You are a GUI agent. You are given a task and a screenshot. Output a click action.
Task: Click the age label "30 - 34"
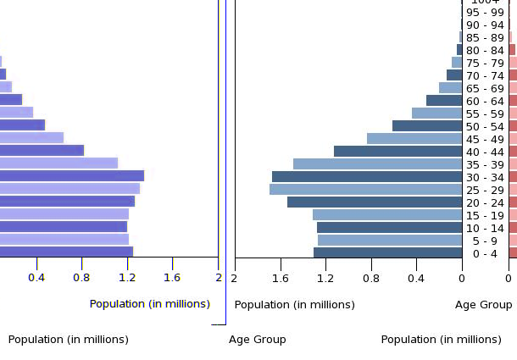(x=485, y=177)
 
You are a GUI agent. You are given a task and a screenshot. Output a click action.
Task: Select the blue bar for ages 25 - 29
(x=365, y=190)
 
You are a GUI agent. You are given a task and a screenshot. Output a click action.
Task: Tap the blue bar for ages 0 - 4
(x=387, y=252)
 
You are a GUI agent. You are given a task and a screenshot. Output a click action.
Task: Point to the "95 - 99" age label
(x=485, y=12)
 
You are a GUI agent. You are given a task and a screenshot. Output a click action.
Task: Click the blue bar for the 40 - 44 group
(x=397, y=152)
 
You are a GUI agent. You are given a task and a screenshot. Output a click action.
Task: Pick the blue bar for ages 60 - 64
(x=444, y=101)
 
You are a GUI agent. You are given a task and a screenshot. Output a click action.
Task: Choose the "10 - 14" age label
(x=485, y=228)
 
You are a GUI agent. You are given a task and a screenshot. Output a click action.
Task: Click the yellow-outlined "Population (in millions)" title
(x=150, y=304)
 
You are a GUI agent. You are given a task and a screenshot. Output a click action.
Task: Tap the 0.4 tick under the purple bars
(x=36, y=277)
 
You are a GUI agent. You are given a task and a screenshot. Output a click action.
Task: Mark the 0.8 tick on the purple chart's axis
(x=81, y=277)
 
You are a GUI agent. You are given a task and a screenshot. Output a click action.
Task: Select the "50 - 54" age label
(x=485, y=126)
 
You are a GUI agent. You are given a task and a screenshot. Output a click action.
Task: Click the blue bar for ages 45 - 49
(x=414, y=139)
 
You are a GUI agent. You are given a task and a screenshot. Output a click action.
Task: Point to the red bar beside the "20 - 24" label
(x=513, y=202)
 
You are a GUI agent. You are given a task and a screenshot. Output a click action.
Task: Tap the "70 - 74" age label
(x=485, y=75)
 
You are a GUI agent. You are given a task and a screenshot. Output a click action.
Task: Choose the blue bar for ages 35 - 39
(x=377, y=164)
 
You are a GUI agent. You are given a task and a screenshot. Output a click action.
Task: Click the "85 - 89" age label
(x=485, y=37)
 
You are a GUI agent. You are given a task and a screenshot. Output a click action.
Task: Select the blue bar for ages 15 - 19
(x=387, y=215)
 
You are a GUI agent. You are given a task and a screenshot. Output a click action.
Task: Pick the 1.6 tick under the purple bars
(x=172, y=277)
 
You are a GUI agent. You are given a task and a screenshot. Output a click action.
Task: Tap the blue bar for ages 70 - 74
(x=454, y=75)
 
